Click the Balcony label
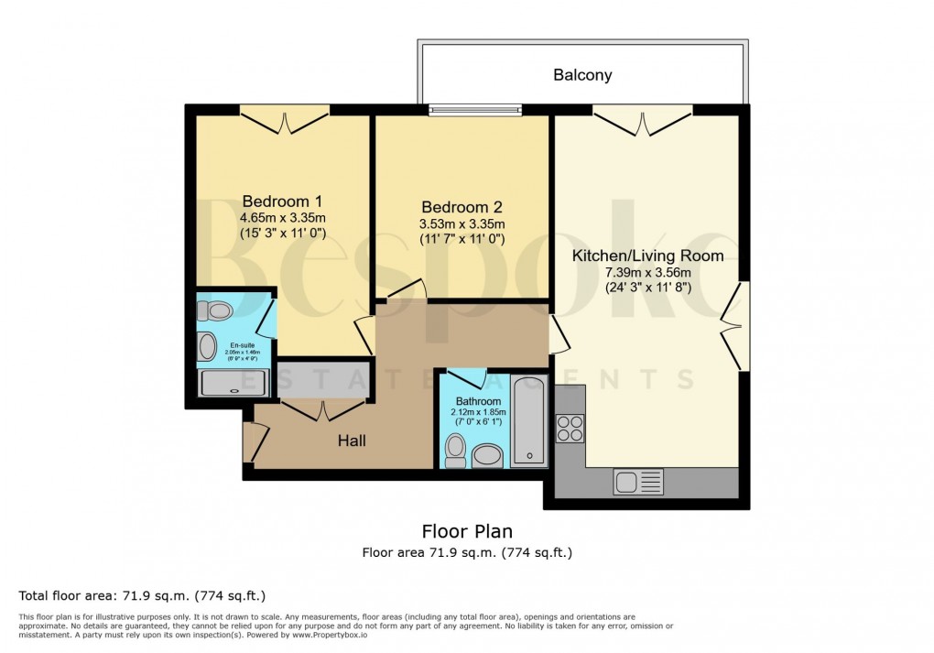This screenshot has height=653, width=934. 582,75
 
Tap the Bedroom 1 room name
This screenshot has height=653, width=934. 282,201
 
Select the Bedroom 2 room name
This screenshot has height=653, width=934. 462,208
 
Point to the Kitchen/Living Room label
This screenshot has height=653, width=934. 647,256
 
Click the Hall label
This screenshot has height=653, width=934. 352,441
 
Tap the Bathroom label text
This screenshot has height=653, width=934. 478,402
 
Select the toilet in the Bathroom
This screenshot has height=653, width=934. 455,451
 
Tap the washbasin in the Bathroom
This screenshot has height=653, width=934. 487,454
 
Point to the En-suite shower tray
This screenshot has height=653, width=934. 233,383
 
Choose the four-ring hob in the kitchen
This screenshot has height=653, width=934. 570,429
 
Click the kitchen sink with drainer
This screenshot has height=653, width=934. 638,482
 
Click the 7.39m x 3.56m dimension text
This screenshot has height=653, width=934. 647,272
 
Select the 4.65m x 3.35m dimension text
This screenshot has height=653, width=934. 282,218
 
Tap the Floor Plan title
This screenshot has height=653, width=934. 467,531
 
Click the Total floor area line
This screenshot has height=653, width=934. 142,596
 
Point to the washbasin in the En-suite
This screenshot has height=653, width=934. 208,346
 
